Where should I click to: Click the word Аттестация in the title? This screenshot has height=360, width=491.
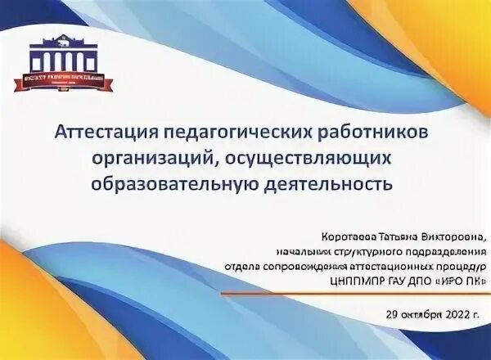pos(106,132)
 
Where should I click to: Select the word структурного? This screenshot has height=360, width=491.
pos(368,252)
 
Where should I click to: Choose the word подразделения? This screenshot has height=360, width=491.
pos(445,252)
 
